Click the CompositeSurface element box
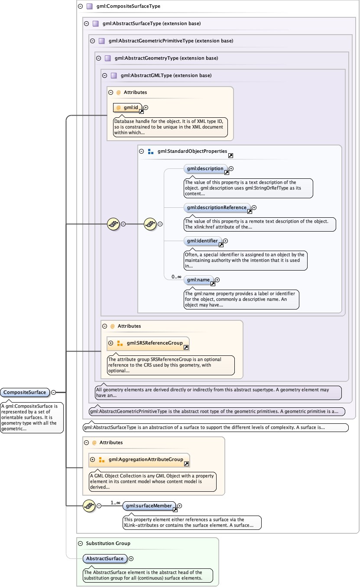[x=25, y=393]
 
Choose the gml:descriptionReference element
[x=217, y=208]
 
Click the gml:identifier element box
[x=202, y=241]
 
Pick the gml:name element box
[x=198, y=280]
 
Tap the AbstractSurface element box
[x=105, y=559]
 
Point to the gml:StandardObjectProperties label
[x=192, y=152]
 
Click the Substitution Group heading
[x=108, y=543]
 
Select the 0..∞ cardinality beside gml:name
[x=176, y=277]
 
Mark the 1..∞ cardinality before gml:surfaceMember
[x=115, y=503]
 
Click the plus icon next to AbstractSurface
[x=131, y=559]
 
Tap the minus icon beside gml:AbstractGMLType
[x=104, y=75]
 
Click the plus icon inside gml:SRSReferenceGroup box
[x=111, y=343]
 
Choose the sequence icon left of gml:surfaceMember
[x=89, y=506]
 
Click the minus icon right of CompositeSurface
[x=53, y=393]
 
